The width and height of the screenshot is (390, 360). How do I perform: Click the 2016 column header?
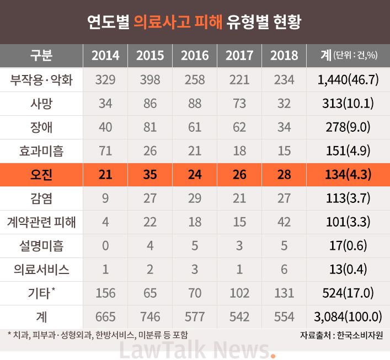click(195, 55)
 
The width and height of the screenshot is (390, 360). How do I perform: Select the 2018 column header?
click(284, 55)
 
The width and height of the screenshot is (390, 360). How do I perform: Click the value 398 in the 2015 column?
click(150, 79)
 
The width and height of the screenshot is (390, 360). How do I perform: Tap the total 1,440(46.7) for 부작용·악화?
click(348, 79)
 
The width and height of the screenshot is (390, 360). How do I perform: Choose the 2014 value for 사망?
click(105, 103)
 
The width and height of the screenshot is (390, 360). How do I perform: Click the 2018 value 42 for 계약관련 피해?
click(284, 222)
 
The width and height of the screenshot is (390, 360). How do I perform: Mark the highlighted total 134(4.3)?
click(348, 175)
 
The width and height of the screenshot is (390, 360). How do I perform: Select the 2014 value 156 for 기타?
click(105, 293)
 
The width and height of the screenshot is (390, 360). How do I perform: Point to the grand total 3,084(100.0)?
click(348, 317)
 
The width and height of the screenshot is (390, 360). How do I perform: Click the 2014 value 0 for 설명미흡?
click(105, 246)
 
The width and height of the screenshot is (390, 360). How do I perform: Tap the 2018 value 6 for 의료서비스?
click(284, 270)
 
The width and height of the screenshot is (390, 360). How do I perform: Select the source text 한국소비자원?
click(361, 335)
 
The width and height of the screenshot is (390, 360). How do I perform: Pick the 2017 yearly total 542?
click(239, 317)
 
